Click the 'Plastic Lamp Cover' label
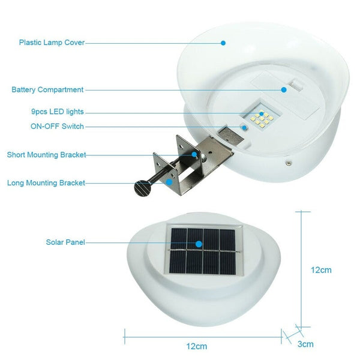[52, 43]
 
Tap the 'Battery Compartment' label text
[47, 89]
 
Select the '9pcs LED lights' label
[58, 112]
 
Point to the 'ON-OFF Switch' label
[57, 127]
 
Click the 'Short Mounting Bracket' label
[46, 155]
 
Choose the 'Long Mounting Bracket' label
[46, 183]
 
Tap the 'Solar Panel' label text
[65, 242]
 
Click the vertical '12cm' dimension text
[321, 270]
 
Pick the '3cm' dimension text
[305, 344]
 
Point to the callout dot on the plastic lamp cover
[223, 43]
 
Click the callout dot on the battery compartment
[284, 89]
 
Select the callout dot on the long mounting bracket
[170, 182]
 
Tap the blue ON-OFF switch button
[244, 127]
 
